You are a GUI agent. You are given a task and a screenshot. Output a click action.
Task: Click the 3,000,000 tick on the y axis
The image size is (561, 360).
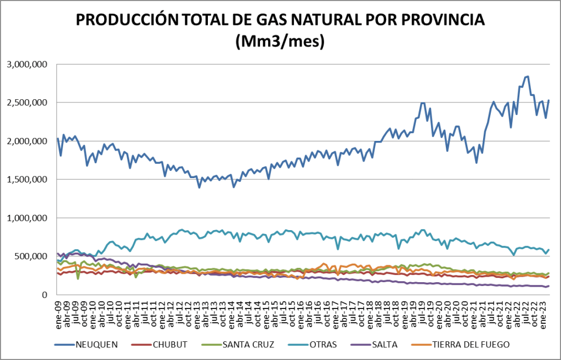27,64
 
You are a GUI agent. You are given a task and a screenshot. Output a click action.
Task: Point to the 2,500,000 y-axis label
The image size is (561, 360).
27,102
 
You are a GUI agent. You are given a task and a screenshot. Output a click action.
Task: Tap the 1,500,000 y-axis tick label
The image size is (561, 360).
27,179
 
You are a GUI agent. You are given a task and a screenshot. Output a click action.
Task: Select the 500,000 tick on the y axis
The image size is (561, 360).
32,256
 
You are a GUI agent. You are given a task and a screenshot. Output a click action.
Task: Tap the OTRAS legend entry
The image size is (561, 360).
323,344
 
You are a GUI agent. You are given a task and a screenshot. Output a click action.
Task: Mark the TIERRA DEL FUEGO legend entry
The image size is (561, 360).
471,344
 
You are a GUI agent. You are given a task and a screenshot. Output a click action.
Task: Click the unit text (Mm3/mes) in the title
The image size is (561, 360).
280,42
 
